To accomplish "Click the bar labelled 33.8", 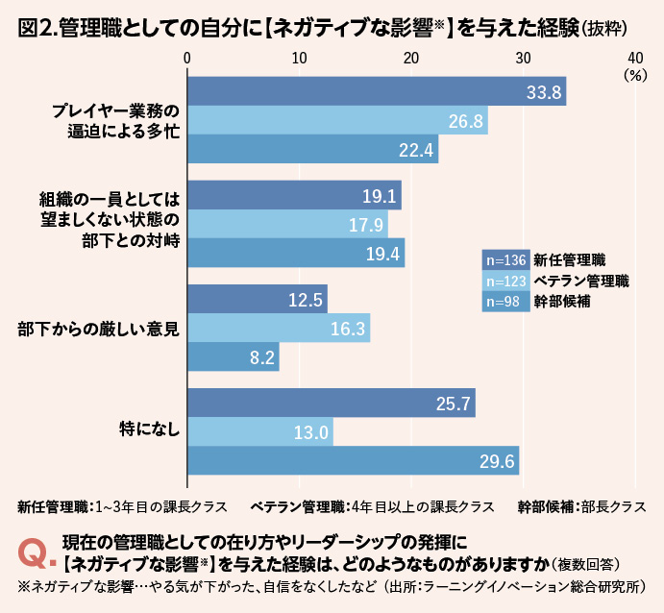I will [x=376, y=92].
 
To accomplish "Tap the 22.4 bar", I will [x=312, y=150].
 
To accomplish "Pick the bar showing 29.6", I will [x=353, y=461].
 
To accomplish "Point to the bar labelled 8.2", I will [x=233, y=357].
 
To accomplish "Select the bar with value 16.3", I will [x=278, y=329].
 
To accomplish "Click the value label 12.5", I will [x=304, y=300].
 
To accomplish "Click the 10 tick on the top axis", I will [x=299, y=57].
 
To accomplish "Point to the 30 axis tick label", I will [x=524, y=57].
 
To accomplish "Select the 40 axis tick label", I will [x=635, y=57].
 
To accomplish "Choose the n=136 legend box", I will [x=504, y=259].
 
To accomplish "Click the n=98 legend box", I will [x=504, y=302].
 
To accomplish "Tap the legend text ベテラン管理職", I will [x=581, y=281].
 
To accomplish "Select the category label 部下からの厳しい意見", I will [x=99, y=328].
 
